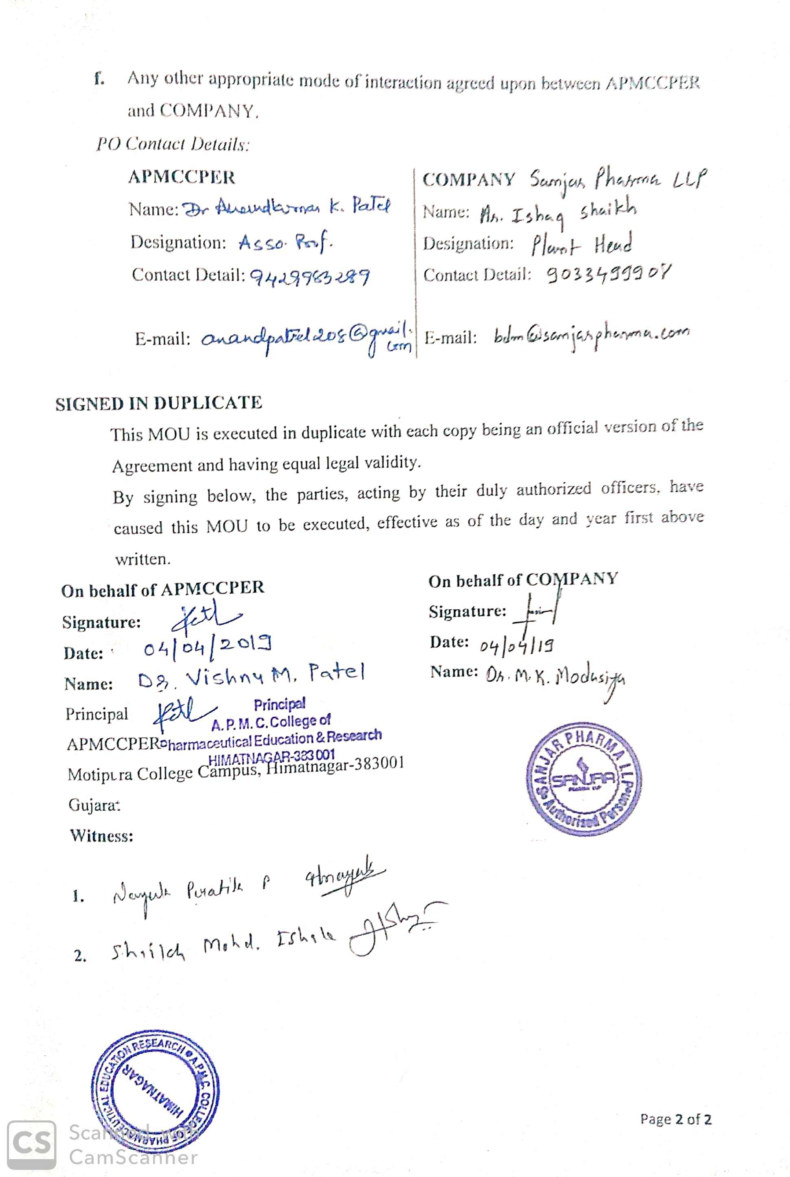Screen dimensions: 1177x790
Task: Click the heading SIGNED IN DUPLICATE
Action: [159, 403]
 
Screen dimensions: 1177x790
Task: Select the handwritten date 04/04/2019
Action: [208, 649]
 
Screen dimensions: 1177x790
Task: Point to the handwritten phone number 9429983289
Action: [310, 276]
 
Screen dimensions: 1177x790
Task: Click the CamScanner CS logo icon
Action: [31, 1145]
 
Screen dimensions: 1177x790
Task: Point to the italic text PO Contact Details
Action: [173, 145]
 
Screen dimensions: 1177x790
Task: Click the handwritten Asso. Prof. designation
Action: [285, 244]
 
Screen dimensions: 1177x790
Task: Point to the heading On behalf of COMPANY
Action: [522, 580]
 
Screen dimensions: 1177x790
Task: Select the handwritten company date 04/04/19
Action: [516, 645]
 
